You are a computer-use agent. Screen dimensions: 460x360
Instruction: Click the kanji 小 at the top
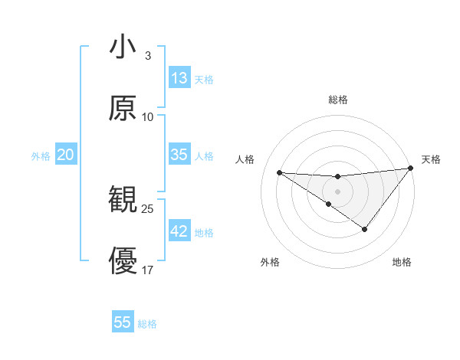[x=123, y=47]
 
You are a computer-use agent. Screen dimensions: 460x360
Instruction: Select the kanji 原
[x=123, y=108]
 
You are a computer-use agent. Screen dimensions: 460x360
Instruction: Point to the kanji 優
[x=123, y=260]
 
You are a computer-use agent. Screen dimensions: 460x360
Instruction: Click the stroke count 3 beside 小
[x=147, y=56]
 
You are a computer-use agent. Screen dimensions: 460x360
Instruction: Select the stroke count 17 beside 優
[x=148, y=270]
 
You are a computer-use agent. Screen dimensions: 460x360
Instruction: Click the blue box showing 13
[x=179, y=78]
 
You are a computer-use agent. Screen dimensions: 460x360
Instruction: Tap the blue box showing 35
[x=179, y=155]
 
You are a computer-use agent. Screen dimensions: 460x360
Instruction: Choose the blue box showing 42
[x=179, y=231]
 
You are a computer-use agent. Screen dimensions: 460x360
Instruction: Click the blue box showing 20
[x=66, y=155]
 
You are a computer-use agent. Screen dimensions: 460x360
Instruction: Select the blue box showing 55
[x=123, y=322]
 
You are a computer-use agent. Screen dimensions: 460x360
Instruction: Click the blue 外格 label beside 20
[x=41, y=156]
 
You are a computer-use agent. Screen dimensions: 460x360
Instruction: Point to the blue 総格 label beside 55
[x=148, y=324]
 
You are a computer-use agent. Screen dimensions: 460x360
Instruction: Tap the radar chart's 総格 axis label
[x=338, y=100]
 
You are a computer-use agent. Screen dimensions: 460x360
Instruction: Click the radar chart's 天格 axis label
[x=431, y=159]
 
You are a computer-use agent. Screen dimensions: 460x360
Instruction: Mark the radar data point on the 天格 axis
[x=411, y=169]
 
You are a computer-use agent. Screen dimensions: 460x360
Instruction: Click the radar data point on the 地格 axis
[x=365, y=229]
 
